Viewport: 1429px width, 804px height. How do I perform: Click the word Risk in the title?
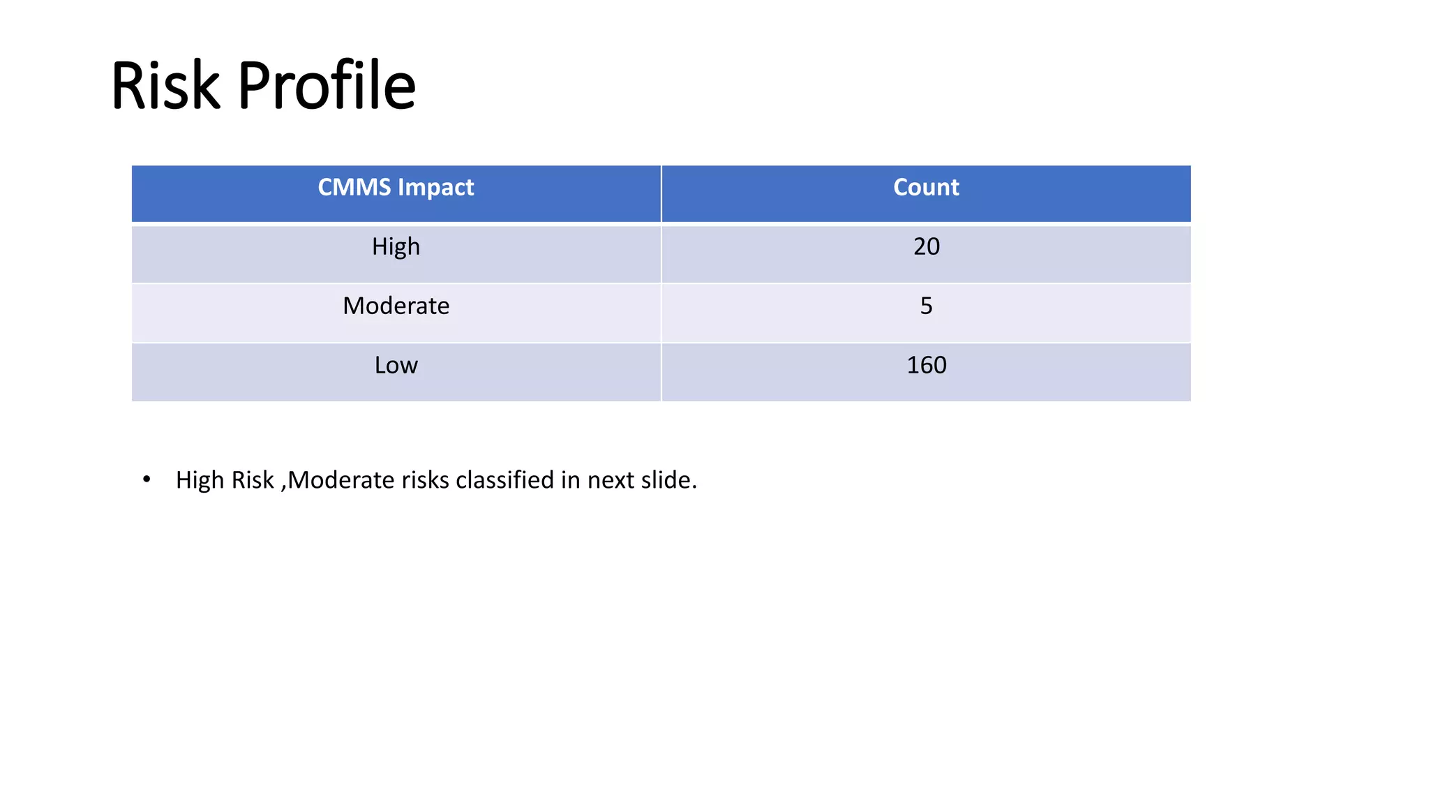point(165,86)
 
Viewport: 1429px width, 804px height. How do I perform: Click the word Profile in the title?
point(327,86)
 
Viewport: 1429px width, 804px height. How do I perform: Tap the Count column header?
point(926,188)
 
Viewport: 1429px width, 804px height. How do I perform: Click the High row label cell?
point(396,247)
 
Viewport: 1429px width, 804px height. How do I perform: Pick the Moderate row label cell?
point(396,306)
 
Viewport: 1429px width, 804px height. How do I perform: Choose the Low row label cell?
point(396,366)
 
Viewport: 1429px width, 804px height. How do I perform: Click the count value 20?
point(926,247)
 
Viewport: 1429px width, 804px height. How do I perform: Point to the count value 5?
point(926,306)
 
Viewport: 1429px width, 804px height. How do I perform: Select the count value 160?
point(926,366)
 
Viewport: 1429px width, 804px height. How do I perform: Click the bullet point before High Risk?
point(147,479)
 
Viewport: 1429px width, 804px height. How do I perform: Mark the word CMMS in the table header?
point(354,188)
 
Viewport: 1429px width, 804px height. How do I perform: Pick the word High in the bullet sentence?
point(200,480)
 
